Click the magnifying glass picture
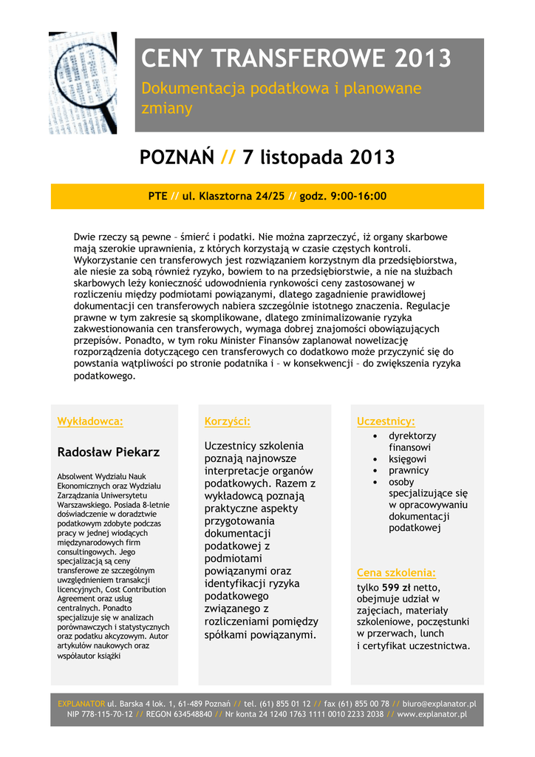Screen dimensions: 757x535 click(82, 82)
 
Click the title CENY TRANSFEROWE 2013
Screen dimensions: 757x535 click(296, 58)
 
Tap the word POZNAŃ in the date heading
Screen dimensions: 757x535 click(177, 157)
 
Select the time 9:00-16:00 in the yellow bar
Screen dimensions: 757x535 click(358, 197)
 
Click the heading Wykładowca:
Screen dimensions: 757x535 click(90, 421)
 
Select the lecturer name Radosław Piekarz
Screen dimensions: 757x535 click(108, 452)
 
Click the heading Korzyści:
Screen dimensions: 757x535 click(227, 421)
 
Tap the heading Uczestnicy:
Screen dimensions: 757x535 click(386, 421)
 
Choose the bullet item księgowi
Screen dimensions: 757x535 click(407, 459)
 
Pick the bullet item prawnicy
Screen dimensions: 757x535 click(409, 470)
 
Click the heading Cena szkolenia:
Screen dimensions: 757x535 click(396, 573)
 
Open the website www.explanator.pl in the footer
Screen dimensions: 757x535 click(432, 715)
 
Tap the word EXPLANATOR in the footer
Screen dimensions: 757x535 click(81, 704)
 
